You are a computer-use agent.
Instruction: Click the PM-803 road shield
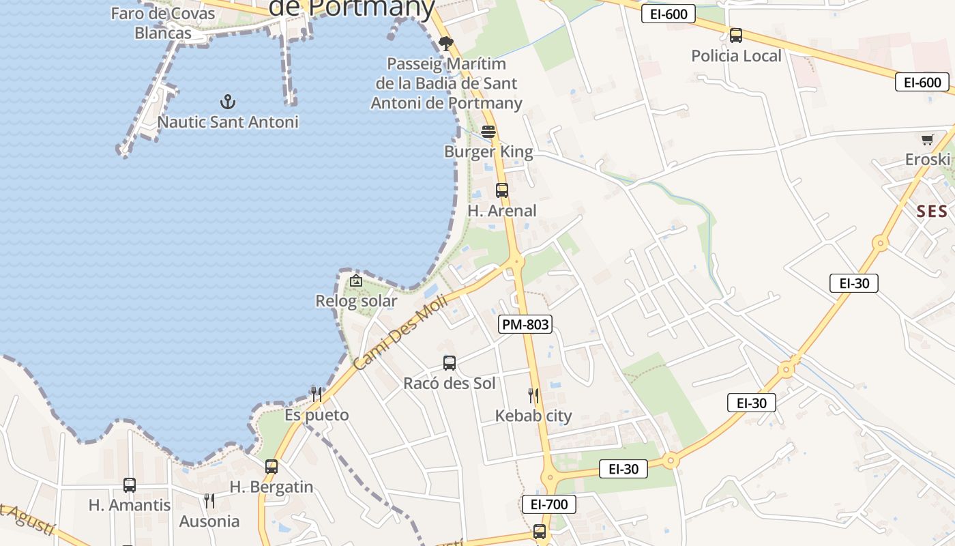coord(525,324)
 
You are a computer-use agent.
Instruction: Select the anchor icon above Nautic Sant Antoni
coord(228,102)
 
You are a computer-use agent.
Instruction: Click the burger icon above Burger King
coord(488,131)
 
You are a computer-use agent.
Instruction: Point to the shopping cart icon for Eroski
coord(928,140)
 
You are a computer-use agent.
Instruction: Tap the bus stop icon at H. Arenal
coord(502,190)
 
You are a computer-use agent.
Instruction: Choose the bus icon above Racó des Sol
coord(450,363)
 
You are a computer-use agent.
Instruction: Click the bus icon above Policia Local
coord(736,35)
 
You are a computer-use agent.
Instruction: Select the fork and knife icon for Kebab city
coord(533,395)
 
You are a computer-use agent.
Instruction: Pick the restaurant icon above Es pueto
coord(317,394)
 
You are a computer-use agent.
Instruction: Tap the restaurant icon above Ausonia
coord(209,501)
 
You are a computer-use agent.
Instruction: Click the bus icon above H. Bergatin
coord(271,467)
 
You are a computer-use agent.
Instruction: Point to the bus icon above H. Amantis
coord(130,485)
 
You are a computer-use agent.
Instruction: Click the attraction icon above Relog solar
coord(356,281)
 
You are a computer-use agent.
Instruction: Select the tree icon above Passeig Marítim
coord(446,44)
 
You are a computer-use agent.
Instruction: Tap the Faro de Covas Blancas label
coord(163,23)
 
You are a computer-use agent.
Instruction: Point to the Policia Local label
coord(736,56)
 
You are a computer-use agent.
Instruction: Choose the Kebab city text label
coord(533,416)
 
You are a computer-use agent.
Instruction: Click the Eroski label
coord(927,160)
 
